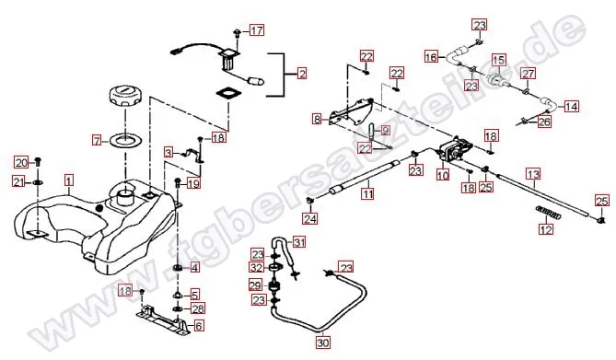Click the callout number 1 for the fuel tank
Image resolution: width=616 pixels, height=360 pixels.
point(69,180)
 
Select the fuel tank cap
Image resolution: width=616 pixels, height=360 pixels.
point(124,97)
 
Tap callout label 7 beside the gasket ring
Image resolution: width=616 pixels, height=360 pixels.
point(97,140)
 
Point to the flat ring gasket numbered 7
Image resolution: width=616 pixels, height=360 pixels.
point(124,141)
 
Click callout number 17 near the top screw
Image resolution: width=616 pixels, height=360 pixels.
point(257,30)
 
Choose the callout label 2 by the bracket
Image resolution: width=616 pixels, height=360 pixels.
point(302,74)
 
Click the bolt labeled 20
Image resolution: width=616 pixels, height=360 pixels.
point(38,161)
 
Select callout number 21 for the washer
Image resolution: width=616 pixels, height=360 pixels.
point(18,182)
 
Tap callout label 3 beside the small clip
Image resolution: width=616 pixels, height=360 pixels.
point(169,152)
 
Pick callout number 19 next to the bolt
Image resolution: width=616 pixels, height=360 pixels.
point(193,182)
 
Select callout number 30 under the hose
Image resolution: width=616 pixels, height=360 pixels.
point(323,343)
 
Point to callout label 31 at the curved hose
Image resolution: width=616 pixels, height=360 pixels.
point(299,242)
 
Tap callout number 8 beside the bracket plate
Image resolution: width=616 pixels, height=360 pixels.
point(317,119)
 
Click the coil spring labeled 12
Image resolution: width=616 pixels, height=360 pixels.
point(546,213)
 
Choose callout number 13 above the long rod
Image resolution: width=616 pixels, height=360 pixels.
point(533,173)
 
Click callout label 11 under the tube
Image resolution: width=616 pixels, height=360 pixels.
point(367,193)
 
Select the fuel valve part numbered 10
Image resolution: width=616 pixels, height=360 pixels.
point(454,150)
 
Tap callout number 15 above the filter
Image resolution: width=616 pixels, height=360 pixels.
point(498,60)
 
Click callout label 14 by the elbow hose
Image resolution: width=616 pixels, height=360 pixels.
point(572,106)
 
